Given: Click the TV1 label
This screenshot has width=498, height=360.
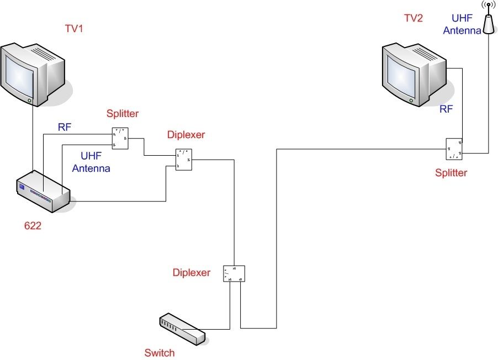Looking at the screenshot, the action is point(74,29).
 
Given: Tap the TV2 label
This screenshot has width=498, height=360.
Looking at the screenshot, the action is point(413,18).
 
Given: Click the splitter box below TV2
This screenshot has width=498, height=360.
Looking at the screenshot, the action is point(454,149).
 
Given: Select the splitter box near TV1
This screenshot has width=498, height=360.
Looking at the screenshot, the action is point(120,139).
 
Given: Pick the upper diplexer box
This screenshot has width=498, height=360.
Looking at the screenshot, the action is point(183,160).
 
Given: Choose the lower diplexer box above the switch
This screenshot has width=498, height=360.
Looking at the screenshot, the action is point(234,273).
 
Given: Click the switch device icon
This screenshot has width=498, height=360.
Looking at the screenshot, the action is point(182,329).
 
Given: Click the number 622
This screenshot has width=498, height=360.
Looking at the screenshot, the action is point(33,226).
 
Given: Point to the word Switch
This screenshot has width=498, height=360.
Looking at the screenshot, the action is point(160,353).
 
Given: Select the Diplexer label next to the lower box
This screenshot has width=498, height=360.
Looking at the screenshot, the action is point(192,273).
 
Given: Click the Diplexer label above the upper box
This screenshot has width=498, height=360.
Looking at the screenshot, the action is point(186,135).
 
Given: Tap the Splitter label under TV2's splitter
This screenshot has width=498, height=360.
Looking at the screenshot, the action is point(451,173).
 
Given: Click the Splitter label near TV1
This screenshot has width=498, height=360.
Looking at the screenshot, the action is point(123,114).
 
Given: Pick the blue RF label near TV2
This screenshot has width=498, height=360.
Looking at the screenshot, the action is point(446,109).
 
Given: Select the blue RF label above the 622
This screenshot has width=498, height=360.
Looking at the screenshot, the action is point(65,127).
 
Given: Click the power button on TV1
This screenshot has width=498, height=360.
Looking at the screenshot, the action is point(29,100).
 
